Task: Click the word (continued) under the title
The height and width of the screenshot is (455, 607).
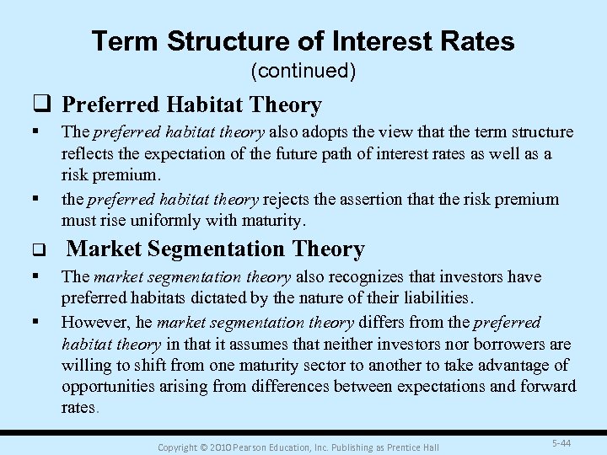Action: tap(303, 72)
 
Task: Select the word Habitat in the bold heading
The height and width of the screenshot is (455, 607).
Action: tap(195, 105)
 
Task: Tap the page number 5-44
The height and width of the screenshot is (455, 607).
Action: tap(559, 442)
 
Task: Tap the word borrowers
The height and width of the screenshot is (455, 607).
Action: tap(497, 344)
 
